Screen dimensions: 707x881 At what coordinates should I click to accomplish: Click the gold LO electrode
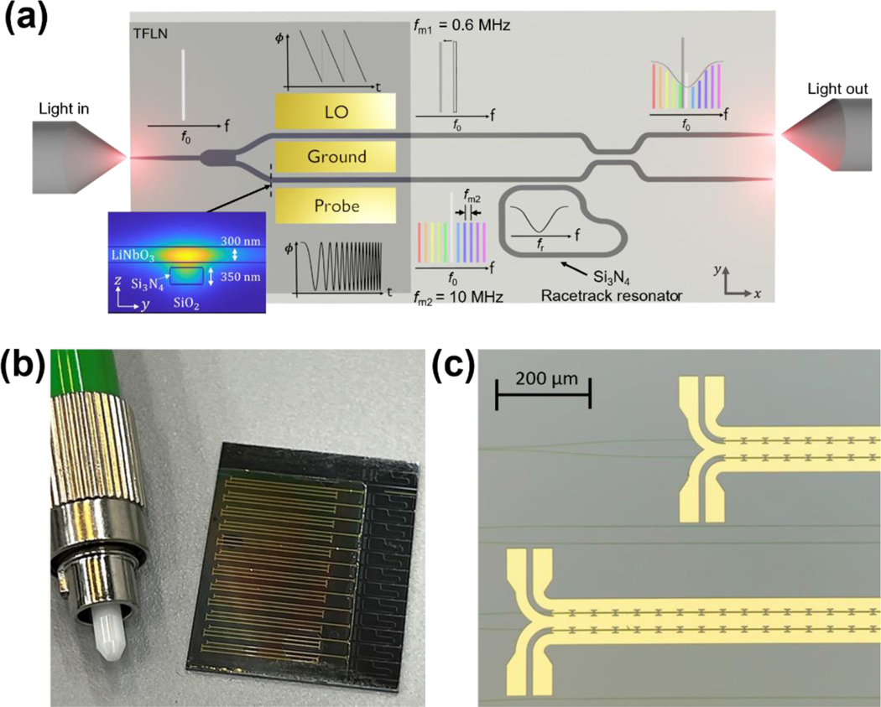pyautogui.click(x=336, y=111)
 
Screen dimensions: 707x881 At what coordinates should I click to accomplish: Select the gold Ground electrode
pyautogui.click(x=336, y=157)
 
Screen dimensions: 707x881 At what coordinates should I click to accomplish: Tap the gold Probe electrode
pyautogui.click(x=336, y=205)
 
